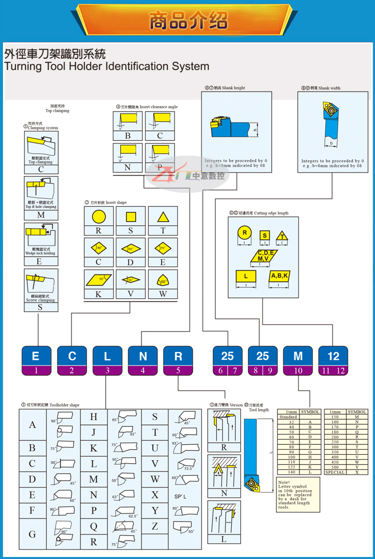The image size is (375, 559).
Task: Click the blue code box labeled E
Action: [x=35, y=356]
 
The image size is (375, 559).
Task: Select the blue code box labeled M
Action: [x=298, y=356]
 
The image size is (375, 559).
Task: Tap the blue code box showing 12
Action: [x=333, y=356]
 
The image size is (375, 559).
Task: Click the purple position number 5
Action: [x=178, y=371]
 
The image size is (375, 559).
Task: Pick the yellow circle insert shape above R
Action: [x=98, y=217]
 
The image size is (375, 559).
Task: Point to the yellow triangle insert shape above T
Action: [x=162, y=217]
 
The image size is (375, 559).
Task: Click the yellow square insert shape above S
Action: [x=130, y=217]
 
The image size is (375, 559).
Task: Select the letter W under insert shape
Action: [x=162, y=294]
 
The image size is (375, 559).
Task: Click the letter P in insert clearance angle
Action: [x=159, y=168]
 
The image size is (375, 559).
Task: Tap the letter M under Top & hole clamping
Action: [x=41, y=215]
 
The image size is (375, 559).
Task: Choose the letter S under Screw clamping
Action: [x=40, y=307]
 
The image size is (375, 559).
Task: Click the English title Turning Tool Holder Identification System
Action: [x=106, y=66]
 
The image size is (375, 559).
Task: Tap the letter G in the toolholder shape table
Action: [x=32, y=534]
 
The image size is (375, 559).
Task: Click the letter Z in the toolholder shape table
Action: [x=155, y=526]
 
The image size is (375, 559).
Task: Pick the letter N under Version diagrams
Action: [x=223, y=493]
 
